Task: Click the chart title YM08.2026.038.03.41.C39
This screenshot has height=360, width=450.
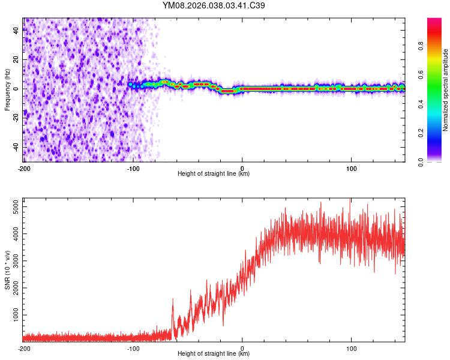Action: (214, 6)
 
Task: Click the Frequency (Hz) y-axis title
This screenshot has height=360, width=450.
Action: (7, 90)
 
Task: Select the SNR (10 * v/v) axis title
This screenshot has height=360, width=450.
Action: (7, 270)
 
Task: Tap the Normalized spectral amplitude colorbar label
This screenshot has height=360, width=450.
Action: (445, 90)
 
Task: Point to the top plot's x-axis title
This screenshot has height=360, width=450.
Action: (214, 173)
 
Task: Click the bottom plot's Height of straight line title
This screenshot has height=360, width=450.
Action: (214, 353)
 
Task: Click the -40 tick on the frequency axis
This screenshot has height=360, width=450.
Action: (15, 147)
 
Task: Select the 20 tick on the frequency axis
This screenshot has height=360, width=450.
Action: (16, 60)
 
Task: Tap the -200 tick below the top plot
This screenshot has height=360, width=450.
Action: (24, 167)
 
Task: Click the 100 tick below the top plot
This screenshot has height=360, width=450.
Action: (352, 167)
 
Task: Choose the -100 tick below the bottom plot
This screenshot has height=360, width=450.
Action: (133, 347)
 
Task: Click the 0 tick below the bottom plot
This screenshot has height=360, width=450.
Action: (242, 347)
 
